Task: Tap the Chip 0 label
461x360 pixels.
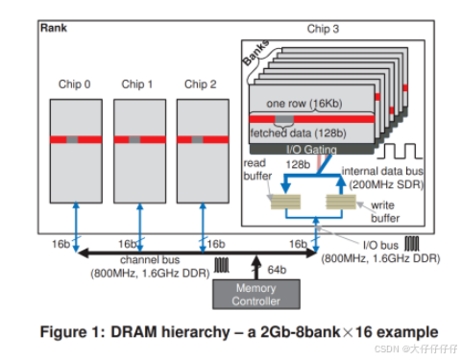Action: point(73,84)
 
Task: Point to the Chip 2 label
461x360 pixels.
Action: point(200,84)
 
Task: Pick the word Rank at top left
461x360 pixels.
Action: point(54,28)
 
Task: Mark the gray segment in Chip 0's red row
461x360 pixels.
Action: point(73,139)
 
